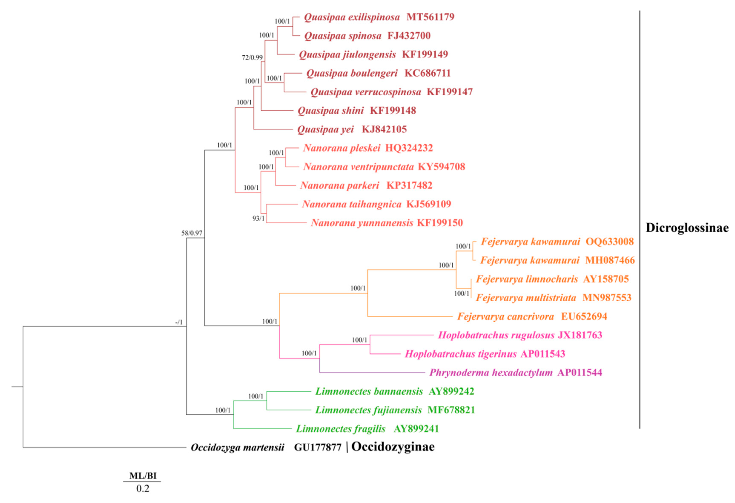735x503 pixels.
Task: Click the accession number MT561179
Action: point(430,17)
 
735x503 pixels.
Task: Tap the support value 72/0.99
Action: point(252,57)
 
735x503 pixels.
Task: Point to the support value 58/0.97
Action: point(192,233)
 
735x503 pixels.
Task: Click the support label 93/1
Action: point(258,218)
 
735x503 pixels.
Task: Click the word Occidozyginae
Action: point(393,447)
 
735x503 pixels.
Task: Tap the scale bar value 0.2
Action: point(143,489)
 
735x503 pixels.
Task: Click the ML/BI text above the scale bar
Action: point(143,476)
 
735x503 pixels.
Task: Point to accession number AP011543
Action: point(543,354)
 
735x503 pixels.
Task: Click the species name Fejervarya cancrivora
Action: point(505,316)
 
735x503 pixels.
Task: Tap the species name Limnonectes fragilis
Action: point(341,429)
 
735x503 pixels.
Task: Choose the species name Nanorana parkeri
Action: point(339,185)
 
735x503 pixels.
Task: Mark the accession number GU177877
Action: point(318,447)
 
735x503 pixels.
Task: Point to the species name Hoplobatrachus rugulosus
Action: point(496,335)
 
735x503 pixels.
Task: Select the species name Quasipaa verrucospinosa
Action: point(366,92)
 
